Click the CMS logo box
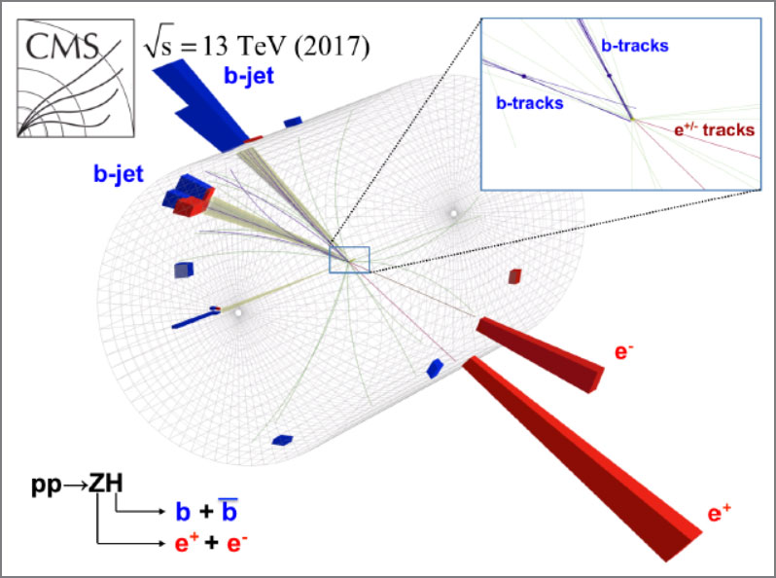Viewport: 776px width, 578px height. coord(76,78)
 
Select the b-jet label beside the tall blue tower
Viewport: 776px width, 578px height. coord(249,76)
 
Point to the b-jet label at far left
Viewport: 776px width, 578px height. coord(119,174)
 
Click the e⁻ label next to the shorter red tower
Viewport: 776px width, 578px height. coord(624,351)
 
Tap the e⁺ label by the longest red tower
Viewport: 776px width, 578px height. coord(719,513)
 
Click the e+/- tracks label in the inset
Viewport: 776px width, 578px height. coord(714,129)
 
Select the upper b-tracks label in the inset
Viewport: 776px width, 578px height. coord(635,46)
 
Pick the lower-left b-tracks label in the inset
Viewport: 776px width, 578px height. coord(530,102)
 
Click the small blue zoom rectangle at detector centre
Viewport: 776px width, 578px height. coord(349,246)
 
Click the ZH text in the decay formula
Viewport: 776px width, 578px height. coord(105,484)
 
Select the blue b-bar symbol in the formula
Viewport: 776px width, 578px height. coord(229,510)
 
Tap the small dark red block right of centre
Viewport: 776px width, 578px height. coord(514,276)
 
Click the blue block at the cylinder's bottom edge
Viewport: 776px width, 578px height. coord(282,440)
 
